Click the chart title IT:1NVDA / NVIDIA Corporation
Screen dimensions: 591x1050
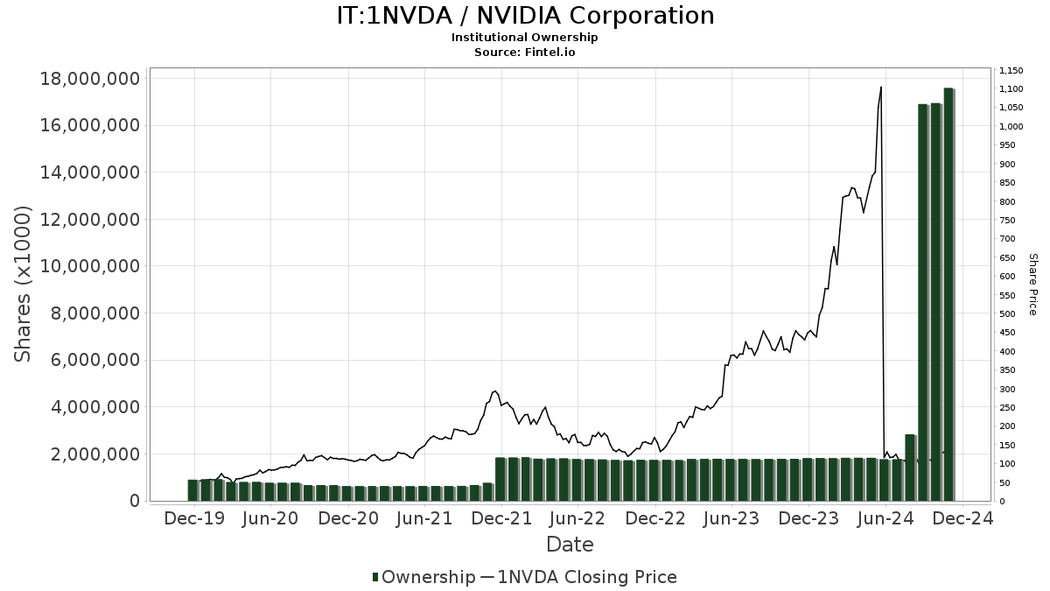point(525,16)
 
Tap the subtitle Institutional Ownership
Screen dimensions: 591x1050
point(525,38)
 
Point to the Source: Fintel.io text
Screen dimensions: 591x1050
point(525,52)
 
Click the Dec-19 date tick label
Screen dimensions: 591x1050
point(194,518)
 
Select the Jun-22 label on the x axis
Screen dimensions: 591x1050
point(577,518)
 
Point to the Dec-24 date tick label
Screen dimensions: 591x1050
point(962,518)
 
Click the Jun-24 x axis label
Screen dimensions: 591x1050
point(885,518)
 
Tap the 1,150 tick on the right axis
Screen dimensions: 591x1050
point(1011,71)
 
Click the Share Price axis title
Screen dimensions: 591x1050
point(1032,285)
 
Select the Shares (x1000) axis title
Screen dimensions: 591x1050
point(24,285)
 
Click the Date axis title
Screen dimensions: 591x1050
point(570,545)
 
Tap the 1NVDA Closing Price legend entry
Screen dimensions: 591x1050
point(578,577)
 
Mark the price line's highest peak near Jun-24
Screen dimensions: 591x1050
point(880,88)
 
